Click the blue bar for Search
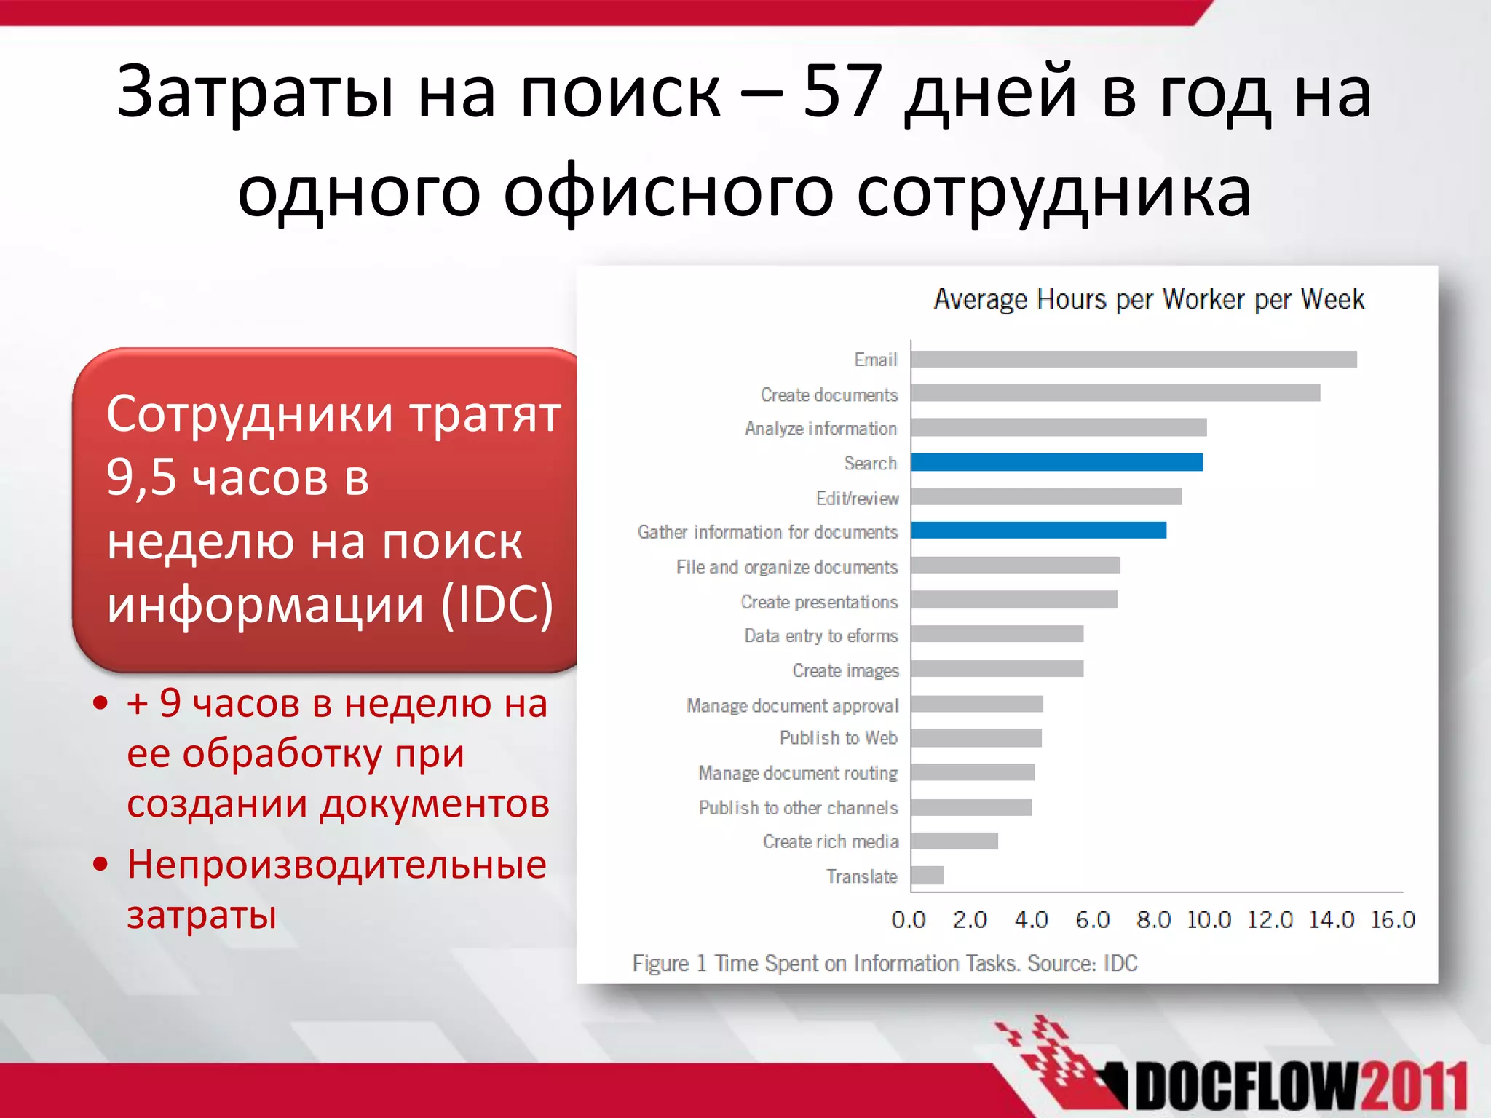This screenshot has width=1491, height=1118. point(1056,462)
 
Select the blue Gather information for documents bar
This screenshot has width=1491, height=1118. point(1038,531)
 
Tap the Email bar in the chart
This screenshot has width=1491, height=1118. point(1134,360)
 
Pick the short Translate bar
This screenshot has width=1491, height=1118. point(928,876)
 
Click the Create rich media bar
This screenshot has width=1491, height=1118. point(954,841)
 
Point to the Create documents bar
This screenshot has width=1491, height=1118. point(1115,394)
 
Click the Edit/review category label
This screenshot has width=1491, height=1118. point(857,499)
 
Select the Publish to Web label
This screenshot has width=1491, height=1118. point(838,738)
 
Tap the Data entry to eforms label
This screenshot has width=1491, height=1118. point(820,636)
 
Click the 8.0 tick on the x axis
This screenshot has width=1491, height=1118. point(1153,920)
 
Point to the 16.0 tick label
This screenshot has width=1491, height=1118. point(1392,920)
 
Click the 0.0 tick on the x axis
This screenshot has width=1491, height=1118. point(909,920)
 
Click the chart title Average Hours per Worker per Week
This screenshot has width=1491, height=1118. point(1149,300)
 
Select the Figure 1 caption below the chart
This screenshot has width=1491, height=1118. point(885,963)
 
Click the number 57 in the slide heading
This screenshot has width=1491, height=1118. point(844,92)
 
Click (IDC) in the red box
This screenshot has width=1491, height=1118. point(498,605)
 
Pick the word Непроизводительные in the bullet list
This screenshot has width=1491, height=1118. point(336,865)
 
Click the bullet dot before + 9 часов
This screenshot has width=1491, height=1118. point(100,703)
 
